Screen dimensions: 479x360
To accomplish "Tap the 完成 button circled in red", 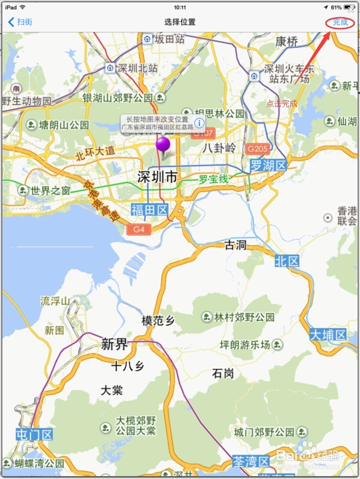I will (340, 22).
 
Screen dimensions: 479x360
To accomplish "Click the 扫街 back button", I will (21, 22).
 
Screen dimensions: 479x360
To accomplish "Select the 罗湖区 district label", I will (268, 166).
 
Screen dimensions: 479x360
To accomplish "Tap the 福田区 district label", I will (149, 209).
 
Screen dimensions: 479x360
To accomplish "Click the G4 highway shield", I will (139, 229).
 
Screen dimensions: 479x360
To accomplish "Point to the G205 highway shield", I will (257, 149).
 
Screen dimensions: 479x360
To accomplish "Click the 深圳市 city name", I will (157, 177).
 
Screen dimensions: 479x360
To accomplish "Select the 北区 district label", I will (287, 261).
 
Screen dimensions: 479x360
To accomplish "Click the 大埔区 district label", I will (328, 335).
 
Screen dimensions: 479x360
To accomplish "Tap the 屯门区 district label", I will (34, 435).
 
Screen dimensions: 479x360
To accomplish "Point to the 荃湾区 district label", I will (251, 462).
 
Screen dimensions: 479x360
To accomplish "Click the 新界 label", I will (114, 344).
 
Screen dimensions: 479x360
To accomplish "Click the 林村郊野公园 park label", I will (244, 317).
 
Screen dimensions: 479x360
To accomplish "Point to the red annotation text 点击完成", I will (282, 103).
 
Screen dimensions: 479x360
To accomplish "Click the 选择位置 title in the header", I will (180, 22).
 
